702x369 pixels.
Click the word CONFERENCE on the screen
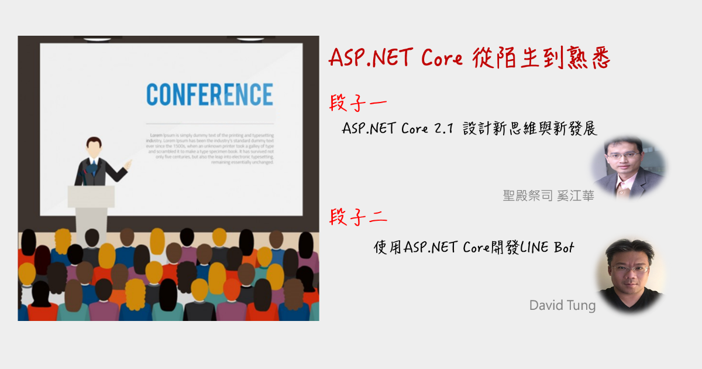(x=209, y=95)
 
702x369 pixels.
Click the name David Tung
(x=562, y=305)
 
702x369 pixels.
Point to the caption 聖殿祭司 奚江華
(x=548, y=196)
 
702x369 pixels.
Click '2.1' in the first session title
(x=444, y=129)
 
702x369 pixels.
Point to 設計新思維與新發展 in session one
(x=529, y=129)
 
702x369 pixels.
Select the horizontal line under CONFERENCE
(x=209, y=124)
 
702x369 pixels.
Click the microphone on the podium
(x=87, y=176)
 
